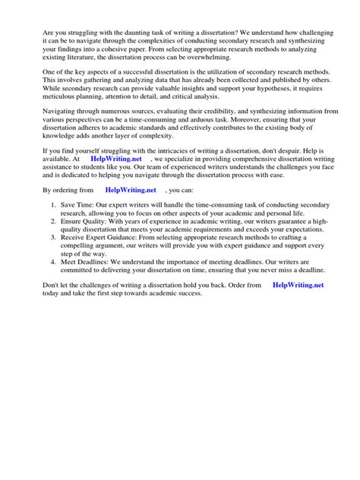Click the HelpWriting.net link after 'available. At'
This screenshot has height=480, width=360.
[115, 182]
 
